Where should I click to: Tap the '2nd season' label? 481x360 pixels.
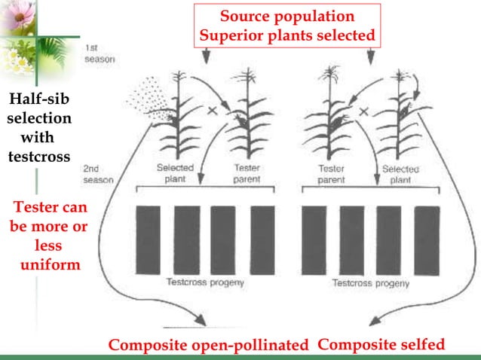[97, 175]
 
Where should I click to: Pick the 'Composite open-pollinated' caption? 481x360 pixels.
[209, 346]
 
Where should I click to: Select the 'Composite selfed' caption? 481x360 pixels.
[381, 345]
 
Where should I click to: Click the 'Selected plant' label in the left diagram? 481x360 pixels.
[175, 174]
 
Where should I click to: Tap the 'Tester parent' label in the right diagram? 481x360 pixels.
[331, 174]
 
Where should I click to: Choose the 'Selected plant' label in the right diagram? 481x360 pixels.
[401, 174]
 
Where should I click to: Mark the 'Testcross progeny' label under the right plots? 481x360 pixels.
[371, 284]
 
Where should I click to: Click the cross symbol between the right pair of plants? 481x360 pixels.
[364, 111]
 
